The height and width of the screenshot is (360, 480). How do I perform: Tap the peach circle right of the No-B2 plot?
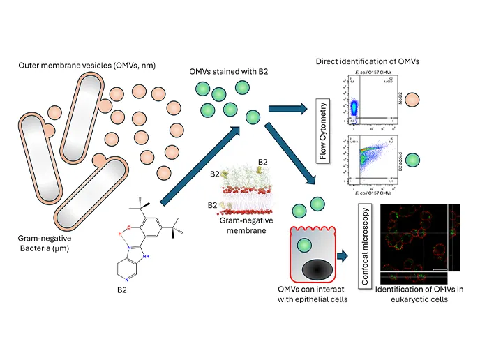click(413, 100)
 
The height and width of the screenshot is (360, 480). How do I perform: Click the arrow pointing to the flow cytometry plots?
click(289, 109)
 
